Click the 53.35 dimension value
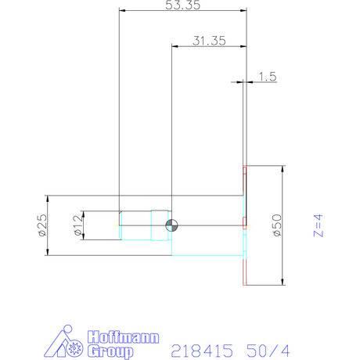point(182,5)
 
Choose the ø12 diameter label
point(77,225)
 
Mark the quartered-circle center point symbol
point(171,225)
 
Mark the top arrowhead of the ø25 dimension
point(49,198)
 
